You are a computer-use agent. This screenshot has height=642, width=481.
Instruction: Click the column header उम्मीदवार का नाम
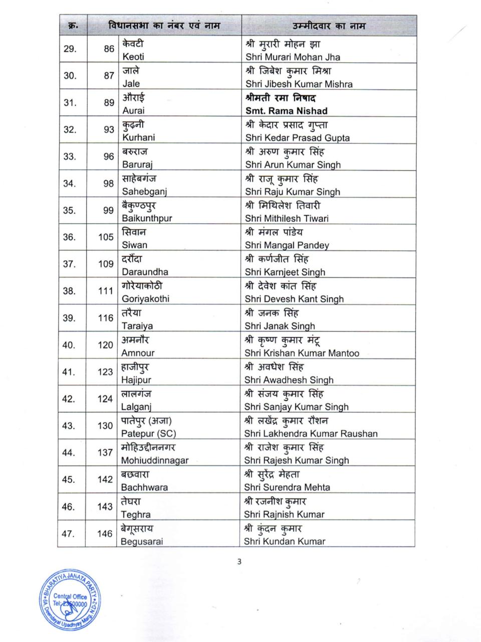[x=329, y=26]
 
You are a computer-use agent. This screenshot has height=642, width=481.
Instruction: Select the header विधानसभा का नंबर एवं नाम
[x=163, y=26]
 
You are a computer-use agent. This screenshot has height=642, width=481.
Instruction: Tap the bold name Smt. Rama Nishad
[x=286, y=111]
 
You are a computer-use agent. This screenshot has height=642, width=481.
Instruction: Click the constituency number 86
[x=109, y=49]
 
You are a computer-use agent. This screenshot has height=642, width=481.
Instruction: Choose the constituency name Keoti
[x=133, y=57]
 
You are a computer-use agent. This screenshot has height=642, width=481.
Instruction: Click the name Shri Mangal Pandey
[x=287, y=245]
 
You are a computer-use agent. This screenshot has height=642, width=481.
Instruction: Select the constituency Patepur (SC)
[x=148, y=433]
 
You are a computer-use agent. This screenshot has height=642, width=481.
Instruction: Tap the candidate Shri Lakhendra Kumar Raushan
[x=311, y=433]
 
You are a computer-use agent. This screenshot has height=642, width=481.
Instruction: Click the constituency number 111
[x=106, y=291]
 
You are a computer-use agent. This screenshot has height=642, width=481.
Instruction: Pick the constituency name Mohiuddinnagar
[x=155, y=460]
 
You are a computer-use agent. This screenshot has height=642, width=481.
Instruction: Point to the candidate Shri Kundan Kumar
[x=285, y=541]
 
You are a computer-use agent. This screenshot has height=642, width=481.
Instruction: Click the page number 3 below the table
[x=239, y=562]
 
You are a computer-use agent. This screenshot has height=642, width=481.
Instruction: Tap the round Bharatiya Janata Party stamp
[x=70, y=600]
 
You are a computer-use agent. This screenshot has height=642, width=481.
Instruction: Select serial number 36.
[x=69, y=237]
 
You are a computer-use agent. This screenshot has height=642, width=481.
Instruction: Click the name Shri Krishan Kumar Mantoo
[x=302, y=353]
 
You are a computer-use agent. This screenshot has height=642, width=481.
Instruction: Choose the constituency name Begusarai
[x=142, y=541]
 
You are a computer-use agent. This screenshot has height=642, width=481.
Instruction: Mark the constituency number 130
[x=105, y=426]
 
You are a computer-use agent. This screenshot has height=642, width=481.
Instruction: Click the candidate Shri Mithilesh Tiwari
[x=287, y=218]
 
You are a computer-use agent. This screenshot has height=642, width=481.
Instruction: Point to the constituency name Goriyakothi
[x=145, y=299]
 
